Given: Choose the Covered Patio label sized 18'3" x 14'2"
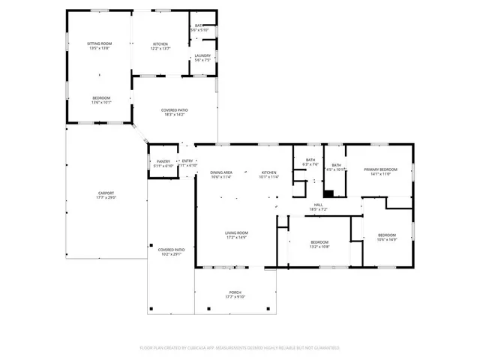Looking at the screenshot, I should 175,112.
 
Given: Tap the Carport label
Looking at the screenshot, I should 106,195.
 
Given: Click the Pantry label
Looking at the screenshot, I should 163,163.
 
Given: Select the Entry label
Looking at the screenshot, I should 187,163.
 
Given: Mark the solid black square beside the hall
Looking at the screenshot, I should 328,192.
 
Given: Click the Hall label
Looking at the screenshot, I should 318,207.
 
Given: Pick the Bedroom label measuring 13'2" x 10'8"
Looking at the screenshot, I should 319,244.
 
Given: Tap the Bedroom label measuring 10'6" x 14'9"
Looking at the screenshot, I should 387,238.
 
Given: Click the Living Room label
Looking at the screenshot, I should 237,235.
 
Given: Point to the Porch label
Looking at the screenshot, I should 235,295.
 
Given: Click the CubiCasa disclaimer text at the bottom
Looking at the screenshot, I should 240,348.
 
